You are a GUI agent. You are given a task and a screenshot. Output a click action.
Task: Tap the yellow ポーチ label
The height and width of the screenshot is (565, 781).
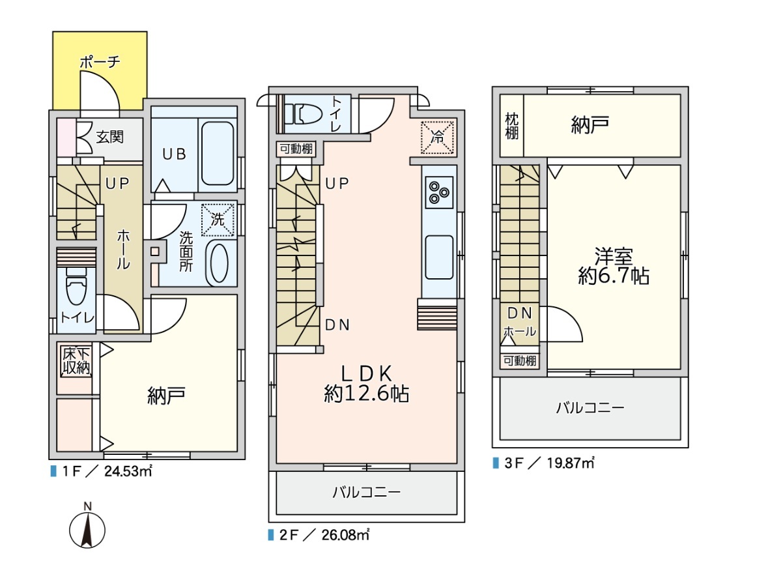[100, 62]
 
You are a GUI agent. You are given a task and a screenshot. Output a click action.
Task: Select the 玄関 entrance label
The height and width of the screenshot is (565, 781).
[109, 136]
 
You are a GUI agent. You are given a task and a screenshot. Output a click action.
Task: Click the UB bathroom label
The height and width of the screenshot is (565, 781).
[175, 154]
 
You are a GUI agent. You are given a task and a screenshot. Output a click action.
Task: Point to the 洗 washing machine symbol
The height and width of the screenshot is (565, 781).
[218, 219]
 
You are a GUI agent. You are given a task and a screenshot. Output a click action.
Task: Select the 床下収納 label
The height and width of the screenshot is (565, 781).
[76, 361]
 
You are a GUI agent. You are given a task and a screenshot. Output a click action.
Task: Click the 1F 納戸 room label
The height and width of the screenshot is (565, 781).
[166, 396]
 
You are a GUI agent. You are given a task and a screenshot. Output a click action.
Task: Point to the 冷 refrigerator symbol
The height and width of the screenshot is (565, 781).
[437, 137]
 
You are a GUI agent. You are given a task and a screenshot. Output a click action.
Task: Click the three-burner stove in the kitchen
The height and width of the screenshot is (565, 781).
[439, 192]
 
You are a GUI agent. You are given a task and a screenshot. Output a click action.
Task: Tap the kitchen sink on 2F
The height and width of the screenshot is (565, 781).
[439, 257]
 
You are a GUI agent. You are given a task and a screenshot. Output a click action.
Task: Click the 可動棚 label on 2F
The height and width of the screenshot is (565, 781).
[296, 149]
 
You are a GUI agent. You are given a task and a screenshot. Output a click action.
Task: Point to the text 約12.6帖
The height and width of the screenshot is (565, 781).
[367, 394]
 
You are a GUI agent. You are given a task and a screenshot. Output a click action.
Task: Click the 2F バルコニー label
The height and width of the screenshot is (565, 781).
[367, 493]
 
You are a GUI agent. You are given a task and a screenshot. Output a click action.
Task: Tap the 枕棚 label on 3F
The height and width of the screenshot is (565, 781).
[511, 126]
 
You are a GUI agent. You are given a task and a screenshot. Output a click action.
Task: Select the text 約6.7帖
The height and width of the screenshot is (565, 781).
[614, 276]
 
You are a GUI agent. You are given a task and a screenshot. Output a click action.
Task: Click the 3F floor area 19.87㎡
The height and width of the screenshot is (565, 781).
[571, 463]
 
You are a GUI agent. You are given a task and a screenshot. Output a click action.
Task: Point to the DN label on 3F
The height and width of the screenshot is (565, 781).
[520, 313]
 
